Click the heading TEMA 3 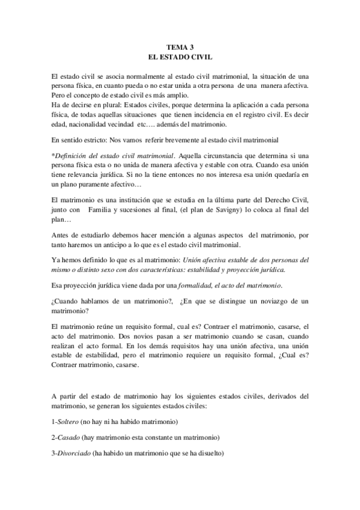tap(180, 47)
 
